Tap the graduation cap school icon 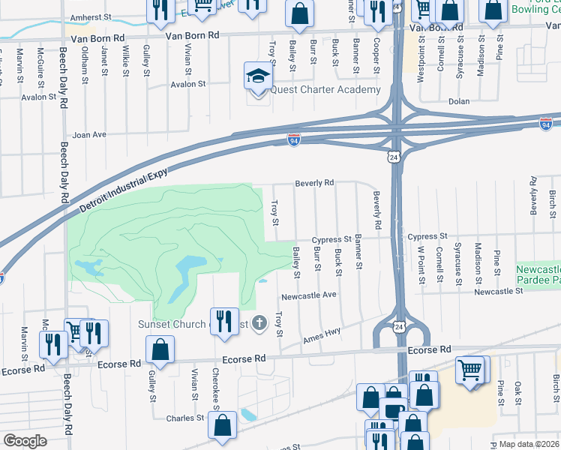[256, 77]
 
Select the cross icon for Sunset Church [259, 323]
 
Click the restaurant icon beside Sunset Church [224, 320]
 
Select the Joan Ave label [89, 135]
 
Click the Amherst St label [89, 16]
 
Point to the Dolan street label [458, 100]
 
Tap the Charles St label [185, 418]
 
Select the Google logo [25, 440]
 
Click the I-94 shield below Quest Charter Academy [294, 140]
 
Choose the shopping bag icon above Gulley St [161, 348]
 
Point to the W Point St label [421, 264]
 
